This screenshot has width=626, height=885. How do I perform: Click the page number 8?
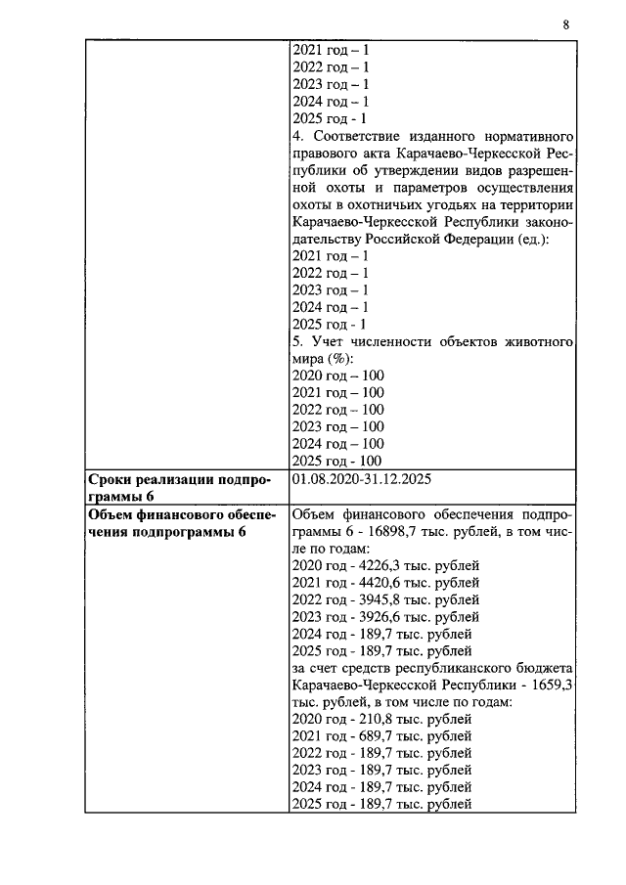566,24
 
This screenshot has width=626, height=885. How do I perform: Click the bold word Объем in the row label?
112,514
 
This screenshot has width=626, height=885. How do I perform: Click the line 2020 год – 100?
338,376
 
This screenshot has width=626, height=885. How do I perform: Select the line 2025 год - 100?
337,461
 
